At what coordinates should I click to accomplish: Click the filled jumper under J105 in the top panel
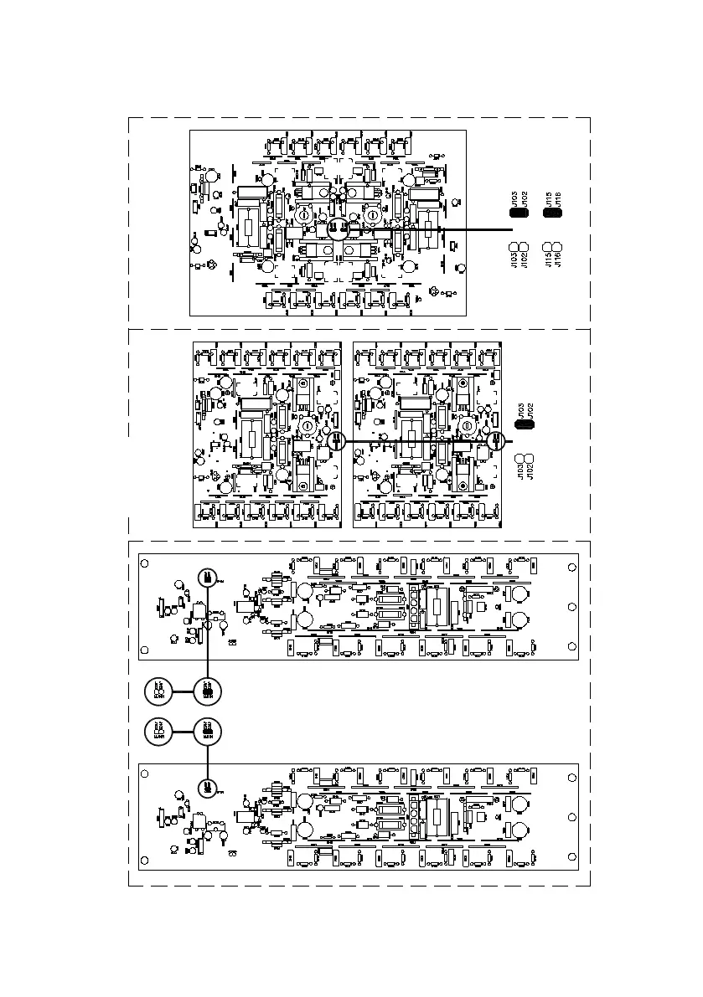pyautogui.click(x=518, y=213)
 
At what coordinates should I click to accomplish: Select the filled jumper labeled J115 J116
pyautogui.click(x=553, y=213)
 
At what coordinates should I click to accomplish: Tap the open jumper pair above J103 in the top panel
pyautogui.click(x=518, y=249)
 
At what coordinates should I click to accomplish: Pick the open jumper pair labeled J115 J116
pyautogui.click(x=553, y=249)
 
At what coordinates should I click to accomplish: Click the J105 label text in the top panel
pyautogui.click(x=514, y=198)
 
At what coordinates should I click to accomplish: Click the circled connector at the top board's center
pyautogui.click(x=339, y=228)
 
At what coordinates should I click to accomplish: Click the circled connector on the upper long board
pyautogui.click(x=207, y=577)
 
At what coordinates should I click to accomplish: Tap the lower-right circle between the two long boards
pyautogui.click(x=207, y=731)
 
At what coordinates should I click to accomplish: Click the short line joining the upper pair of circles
pyautogui.click(x=182, y=691)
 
